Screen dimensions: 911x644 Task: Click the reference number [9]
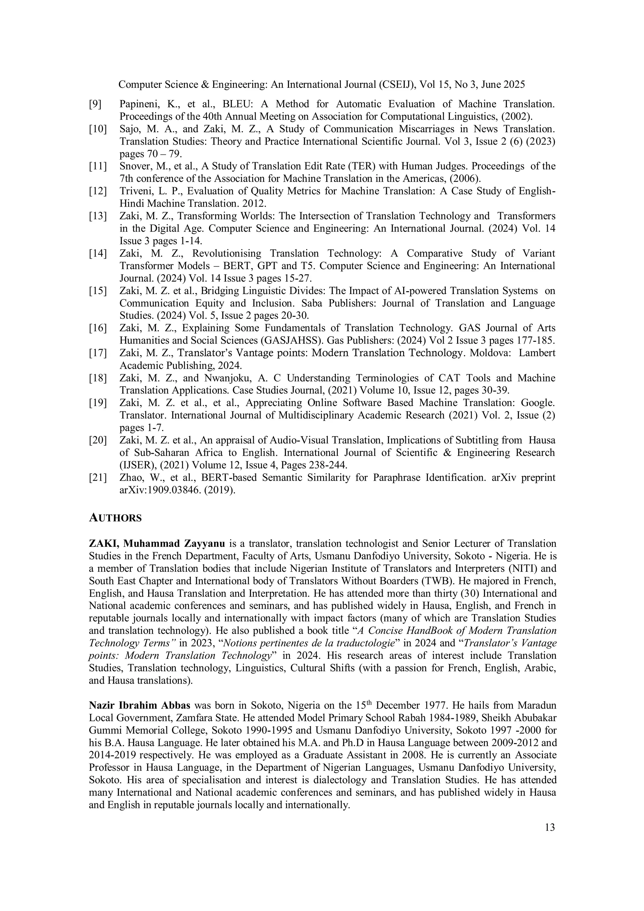tap(95, 104)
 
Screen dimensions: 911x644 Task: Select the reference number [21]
tap(97, 478)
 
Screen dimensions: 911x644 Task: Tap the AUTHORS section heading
tap(115, 518)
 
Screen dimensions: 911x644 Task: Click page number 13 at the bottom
tap(550, 827)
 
